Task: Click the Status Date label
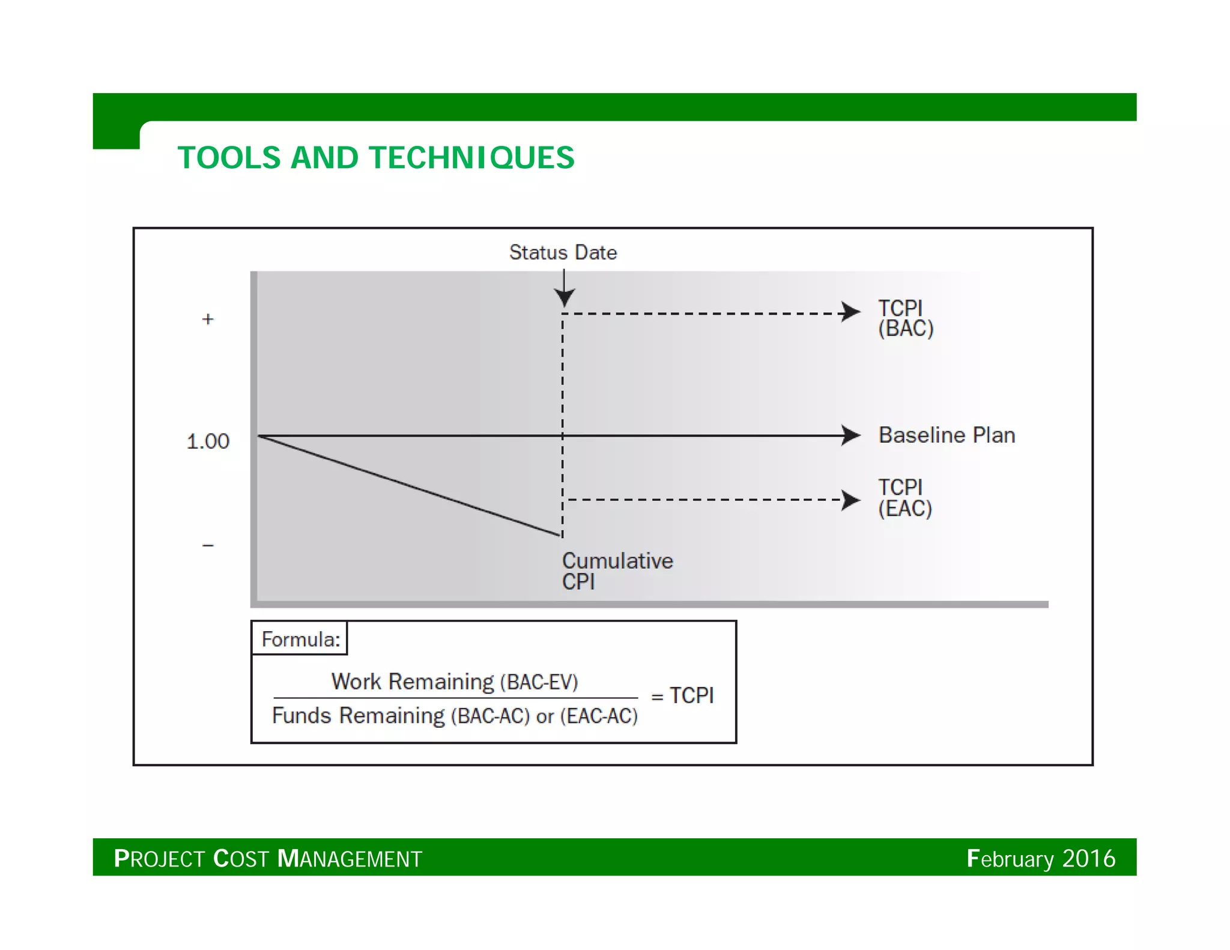tap(563, 252)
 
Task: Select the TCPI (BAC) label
tap(905, 318)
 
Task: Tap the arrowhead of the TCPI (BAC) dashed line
tap(851, 312)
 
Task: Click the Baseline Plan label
tap(947, 435)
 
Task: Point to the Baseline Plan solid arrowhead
tap(851, 435)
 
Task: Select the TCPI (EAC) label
tap(904, 498)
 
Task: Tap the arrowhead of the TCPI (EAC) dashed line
tap(851, 500)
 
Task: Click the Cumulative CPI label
tap(617, 570)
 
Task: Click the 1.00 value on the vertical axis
tap(208, 441)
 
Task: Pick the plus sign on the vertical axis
tap(208, 319)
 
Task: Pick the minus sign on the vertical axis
tap(208, 545)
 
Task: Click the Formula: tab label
tap(300, 639)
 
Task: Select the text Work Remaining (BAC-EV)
tap(455, 682)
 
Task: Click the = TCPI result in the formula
tap(683, 695)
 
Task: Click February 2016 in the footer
tap(1041, 858)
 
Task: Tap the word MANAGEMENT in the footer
tap(350, 859)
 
